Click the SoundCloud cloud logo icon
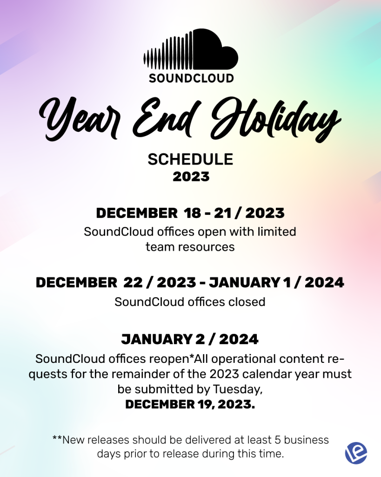[x=191, y=49]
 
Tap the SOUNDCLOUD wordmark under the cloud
[x=191, y=78]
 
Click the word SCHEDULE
[x=191, y=159]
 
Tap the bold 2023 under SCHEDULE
[x=191, y=177]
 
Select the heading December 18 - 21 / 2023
[x=190, y=213]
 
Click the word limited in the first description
[x=276, y=232]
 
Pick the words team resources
[x=190, y=247]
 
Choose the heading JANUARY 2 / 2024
[x=190, y=339]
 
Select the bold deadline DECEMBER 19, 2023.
[x=190, y=405]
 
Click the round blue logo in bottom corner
[x=356, y=453]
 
